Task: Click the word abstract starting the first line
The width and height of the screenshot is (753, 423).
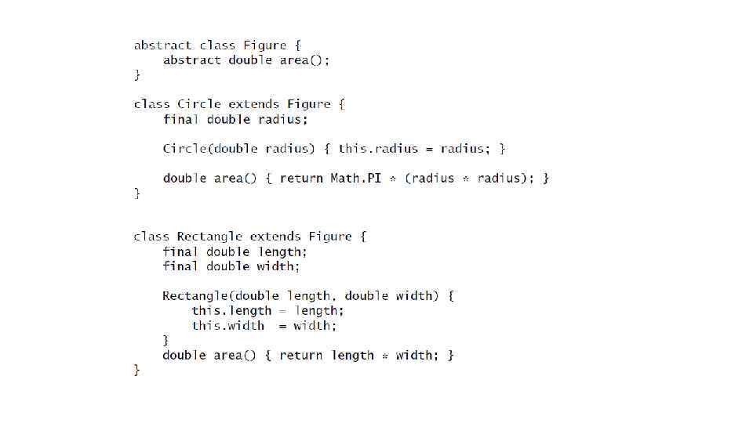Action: coord(163,45)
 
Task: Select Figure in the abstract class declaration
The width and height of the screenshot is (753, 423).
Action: coord(264,45)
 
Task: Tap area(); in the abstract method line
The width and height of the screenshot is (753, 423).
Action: coord(305,60)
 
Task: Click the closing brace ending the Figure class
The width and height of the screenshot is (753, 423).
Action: coord(137,75)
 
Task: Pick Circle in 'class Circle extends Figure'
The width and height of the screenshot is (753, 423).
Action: coord(199,104)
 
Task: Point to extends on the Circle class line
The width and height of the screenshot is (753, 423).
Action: coord(254,104)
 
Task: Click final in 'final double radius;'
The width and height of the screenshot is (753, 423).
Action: coord(181,119)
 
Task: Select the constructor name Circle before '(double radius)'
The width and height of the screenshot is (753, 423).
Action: coord(185,149)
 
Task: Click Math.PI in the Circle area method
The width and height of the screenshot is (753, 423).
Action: coord(355,179)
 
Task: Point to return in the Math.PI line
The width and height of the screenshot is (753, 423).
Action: coord(301,179)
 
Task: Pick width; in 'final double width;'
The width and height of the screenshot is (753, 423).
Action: coord(278,266)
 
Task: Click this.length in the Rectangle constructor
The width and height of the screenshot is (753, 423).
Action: coord(231,311)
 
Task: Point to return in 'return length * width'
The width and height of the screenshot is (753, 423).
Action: coord(301,356)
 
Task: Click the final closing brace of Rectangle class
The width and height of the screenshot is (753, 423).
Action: coord(137,371)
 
